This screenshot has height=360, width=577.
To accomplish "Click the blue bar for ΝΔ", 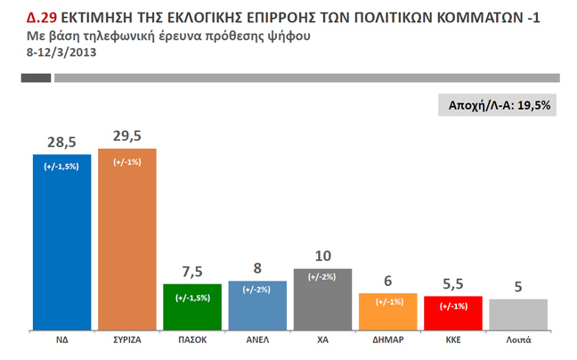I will [x=61, y=241].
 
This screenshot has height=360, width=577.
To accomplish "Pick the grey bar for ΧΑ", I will [x=323, y=299].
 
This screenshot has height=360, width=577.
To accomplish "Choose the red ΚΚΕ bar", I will [x=453, y=312].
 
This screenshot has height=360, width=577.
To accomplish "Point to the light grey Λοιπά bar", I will [x=518, y=314].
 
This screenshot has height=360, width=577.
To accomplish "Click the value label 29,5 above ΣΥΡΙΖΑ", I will [x=127, y=136].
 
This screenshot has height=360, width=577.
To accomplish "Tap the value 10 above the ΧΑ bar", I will [x=323, y=257].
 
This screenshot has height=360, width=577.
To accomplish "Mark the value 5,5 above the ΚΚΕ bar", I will [x=453, y=284].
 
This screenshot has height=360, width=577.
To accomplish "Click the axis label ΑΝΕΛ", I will [x=257, y=340].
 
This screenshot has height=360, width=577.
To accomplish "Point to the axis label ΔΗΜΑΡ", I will [x=388, y=340].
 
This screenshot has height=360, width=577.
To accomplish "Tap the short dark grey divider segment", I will [x=37, y=78].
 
